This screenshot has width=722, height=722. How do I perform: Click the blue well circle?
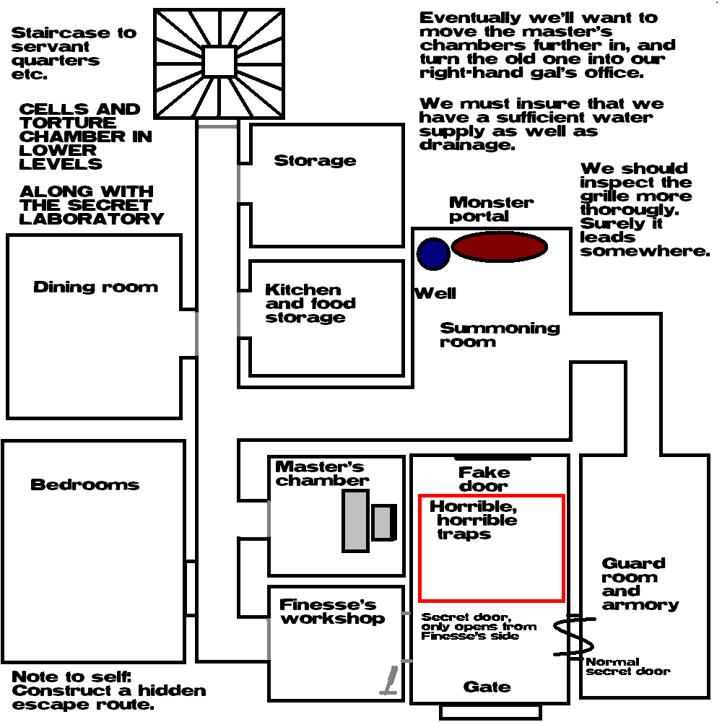pyautogui.click(x=433, y=253)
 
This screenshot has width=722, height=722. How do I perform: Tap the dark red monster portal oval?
pyautogui.click(x=500, y=247)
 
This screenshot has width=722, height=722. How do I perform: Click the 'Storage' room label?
pyautogui.click(x=315, y=160)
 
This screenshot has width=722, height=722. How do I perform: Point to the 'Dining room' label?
pyautogui.click(x=95, y=287)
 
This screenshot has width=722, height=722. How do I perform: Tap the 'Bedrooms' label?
pyautogui.click(x=84, y=484)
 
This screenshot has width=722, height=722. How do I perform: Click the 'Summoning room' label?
pyautogui.click(x=500, y=334)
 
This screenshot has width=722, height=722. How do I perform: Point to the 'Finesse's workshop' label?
pyautogui.click(x=332, y=612)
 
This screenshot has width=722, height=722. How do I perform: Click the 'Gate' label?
pyautogui.click(x=487, y=687)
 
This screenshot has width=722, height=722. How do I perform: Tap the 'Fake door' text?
pyautogui.click(x=484, y=479)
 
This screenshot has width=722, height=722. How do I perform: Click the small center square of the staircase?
pyautogui.click(x=220, y=61)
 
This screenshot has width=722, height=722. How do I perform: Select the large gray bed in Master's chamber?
pyautogui.click(x=355, y=520)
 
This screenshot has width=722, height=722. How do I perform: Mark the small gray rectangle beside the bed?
pyautogui.click(x=383, y=522)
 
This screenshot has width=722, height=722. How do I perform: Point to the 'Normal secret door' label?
pyautogui.click(x=627, y=666)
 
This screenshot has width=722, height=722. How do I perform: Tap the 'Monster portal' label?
pyautogui.click(x=491, y=209)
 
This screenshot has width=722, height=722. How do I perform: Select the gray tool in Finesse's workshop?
pyautogui.click(x=388, y=680)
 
